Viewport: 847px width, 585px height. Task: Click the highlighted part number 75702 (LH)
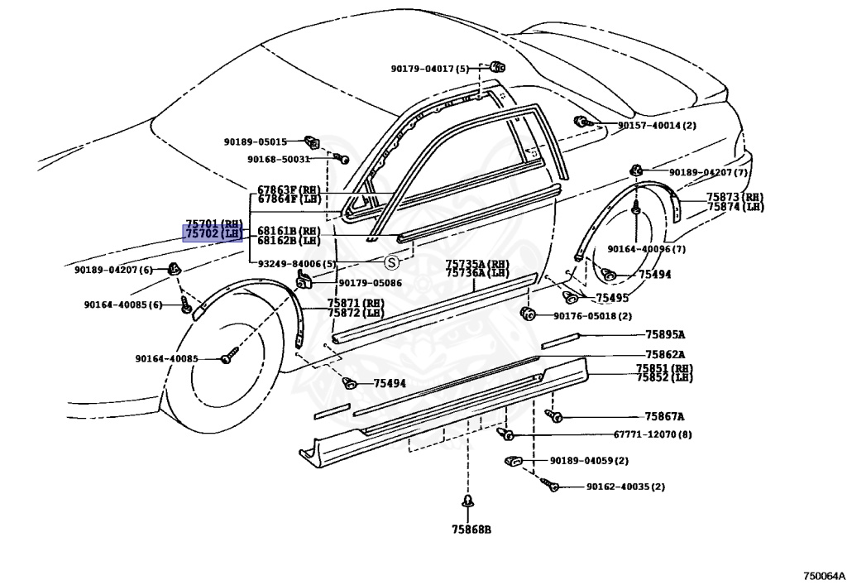coord(213,234)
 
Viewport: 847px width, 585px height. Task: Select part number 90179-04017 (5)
coord(430,69)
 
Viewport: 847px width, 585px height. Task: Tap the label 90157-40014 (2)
coord(657,125)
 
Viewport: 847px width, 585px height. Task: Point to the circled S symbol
coord(391,263)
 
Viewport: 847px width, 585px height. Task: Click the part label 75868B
coord(471,530)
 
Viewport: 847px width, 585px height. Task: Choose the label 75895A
coord(665,335)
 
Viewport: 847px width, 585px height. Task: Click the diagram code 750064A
coord(823,576)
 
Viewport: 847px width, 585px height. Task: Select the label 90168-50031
coord(279,160)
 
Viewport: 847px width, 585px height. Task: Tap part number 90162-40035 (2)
coord(625,487)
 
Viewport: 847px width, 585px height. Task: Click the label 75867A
coord(664,416)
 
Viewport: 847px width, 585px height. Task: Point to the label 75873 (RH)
coord(735,198)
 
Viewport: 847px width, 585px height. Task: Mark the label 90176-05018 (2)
coord(592,316)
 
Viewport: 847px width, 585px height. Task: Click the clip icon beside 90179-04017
coord(497,67)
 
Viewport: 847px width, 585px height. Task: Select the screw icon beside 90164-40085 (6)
coord(185,304)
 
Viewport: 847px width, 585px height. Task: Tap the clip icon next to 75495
coord(571,296)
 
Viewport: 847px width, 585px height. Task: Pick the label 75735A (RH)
coord(477,264)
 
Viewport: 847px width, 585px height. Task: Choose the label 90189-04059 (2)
coord(589,461)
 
